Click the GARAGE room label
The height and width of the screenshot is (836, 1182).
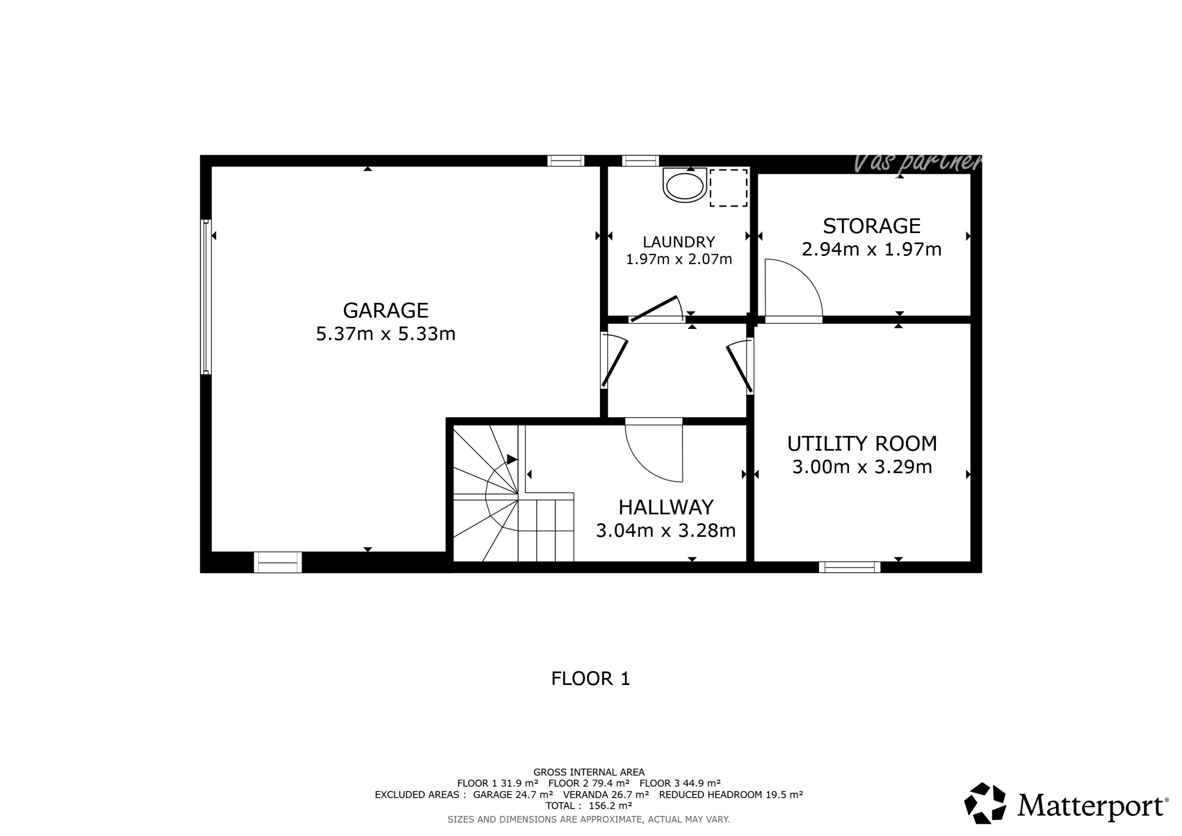tap(386, 311)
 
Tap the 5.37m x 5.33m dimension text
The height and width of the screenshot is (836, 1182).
tap(386, 334)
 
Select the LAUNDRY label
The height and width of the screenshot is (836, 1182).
tap(678, 242)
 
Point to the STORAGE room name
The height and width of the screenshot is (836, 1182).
tap(871, 226)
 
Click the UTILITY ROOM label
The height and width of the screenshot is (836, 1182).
tap(862, 443)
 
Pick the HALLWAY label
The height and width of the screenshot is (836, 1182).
tap(666, 507)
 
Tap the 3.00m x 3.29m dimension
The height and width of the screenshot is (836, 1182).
tap(862, 467)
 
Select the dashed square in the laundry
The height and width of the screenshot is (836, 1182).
tap(729, 187)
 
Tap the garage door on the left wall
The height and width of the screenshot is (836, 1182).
tap(206, 297)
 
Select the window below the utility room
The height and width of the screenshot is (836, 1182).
tap(849, 567)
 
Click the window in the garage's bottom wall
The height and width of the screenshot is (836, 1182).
tap(277, 562)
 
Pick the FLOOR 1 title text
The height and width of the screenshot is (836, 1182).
tap(591, 678)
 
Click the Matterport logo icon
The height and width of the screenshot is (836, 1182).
tap(985, 804)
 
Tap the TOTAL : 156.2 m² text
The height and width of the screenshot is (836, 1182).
tap(589, 806)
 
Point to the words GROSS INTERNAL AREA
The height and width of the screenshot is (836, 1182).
tap(589, 772)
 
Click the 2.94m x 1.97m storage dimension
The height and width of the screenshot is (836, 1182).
tap(871, 250)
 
